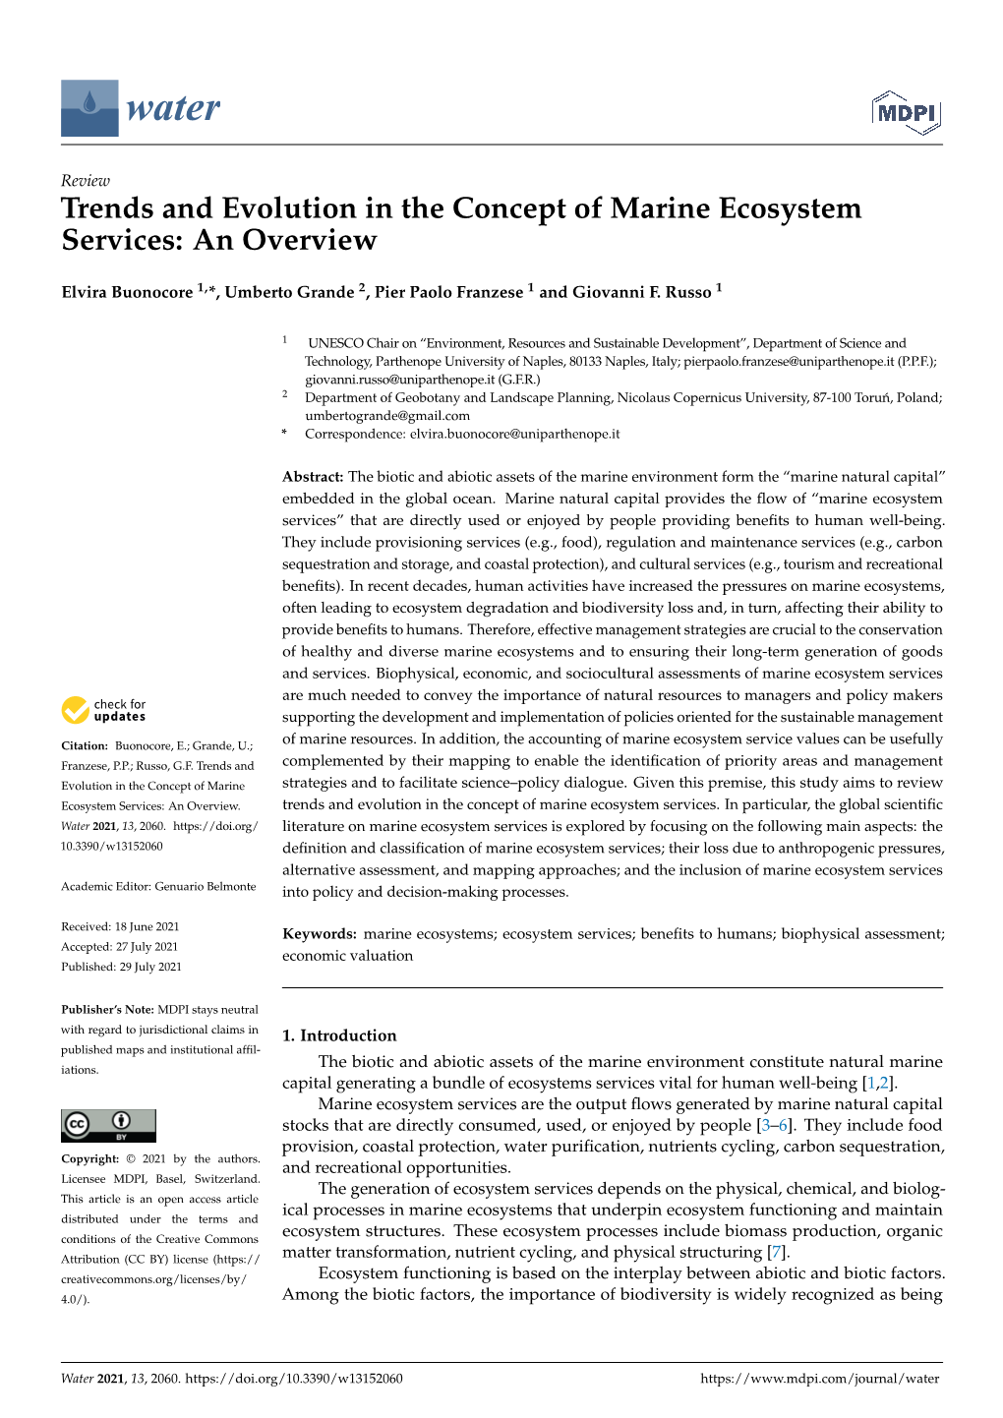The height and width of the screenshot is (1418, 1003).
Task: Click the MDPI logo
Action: pyautogui.click(x=906, y=113)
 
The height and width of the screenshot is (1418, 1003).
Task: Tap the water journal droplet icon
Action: pyautogui.click(x=89, y=107)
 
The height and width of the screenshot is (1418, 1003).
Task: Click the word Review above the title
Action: pyautogui.click(x=86, y=180)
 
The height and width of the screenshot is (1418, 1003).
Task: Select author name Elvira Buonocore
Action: pyautogui.click(x=127, y=292)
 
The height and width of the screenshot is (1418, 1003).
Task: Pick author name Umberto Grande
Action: pyautogui.click(x=289, y=292)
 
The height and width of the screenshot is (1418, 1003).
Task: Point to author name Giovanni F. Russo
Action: pyautogui.click(x=641, y=292)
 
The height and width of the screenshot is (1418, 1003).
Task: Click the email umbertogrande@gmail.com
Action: pyautogui.click(x=386, y=416)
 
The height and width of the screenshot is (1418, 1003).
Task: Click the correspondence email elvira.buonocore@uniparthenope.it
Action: pyautogui.click(x=514, y=434)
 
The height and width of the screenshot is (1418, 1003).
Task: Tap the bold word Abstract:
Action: pyautogui.click(x=313, y=477)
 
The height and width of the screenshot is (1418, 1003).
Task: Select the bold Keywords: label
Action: pyautogui.click(x=320, y=934)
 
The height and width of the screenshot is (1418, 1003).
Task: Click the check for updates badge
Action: pyautogui.click(x=103, y=710)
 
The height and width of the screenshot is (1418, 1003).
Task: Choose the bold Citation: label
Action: pyautogui.click(x=85, y=746)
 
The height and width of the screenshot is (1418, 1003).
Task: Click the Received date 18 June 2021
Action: pyautogui.click(x=147, y=927)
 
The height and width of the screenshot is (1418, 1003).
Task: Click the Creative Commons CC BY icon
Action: pyautogui.click(x=108, y=1125)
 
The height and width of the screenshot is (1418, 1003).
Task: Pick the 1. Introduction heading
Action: pyautogui.click(x=339, y=1035)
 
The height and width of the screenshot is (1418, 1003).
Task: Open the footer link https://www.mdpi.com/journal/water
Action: pyautogui.click(x=819, y=1379)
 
